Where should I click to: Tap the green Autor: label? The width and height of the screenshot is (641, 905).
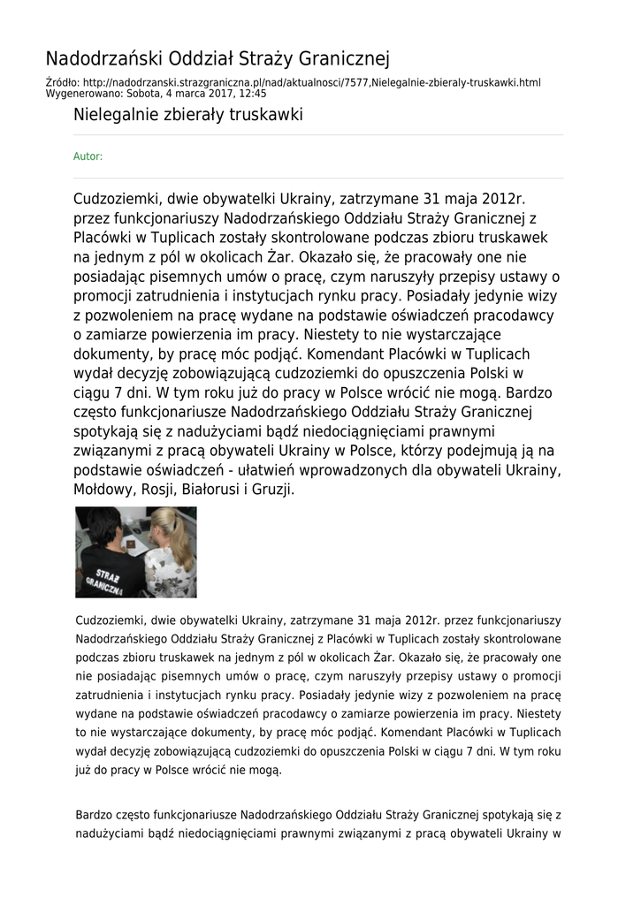tap(88, 156)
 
